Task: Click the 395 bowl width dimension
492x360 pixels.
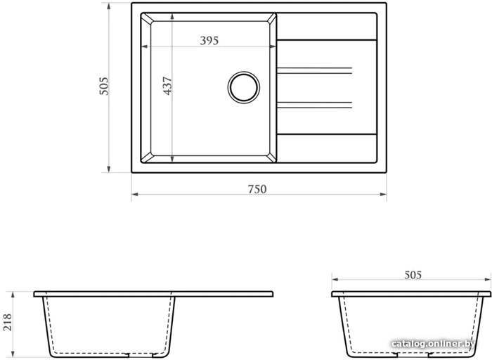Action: point(209,41)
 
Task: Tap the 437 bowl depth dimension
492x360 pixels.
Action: point(167,86)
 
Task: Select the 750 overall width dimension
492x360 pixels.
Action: point(257,189)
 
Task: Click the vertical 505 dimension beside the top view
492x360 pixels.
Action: point(103,86)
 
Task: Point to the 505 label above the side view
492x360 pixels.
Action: point(413,275)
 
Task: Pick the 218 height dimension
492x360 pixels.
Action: point(7,322)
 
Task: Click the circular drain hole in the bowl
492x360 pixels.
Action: point(243,87)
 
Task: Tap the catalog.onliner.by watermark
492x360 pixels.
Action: point(433,344)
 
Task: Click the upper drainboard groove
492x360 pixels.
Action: point(314,70)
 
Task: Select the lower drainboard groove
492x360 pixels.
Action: point(314,105)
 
